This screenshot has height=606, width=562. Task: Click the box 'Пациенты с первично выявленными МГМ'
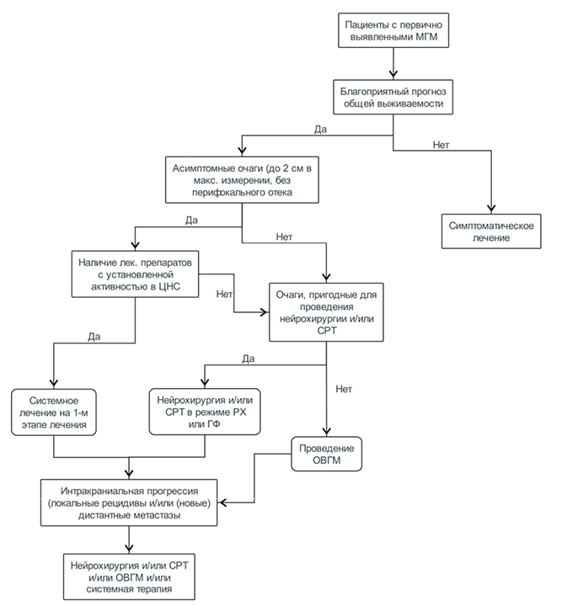point(393,30)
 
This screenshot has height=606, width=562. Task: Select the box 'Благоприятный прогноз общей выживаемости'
point(393,97)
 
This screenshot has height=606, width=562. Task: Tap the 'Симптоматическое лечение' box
point(491,231)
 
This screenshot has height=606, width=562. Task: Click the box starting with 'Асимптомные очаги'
point(242,180)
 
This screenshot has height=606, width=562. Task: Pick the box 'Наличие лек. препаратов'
point(135,274)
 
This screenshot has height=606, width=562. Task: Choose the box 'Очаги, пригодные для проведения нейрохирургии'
point(326,312)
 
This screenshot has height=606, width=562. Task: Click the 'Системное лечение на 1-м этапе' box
point(54,412)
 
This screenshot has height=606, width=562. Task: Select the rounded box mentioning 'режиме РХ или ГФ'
point(205,412)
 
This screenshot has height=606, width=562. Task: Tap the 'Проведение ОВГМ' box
point(326,454)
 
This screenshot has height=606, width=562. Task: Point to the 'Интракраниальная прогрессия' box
point(129,502)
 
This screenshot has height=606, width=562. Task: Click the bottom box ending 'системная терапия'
point(129,577)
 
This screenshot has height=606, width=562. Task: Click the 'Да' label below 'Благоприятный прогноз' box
point(320,130)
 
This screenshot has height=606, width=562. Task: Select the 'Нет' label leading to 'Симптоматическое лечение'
point(441,145)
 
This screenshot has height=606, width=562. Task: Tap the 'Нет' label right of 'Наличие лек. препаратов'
point(224,294)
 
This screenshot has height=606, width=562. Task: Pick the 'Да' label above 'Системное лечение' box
point(94,337)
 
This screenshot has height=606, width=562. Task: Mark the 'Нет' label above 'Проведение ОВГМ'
point(344,389)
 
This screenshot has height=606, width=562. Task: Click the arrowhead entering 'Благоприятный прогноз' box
point(393,75)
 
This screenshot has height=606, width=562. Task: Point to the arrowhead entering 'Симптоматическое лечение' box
point(491,209)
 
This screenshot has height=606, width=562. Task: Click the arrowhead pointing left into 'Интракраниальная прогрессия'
point(222,502)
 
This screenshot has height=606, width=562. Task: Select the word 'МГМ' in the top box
point(426,37)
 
